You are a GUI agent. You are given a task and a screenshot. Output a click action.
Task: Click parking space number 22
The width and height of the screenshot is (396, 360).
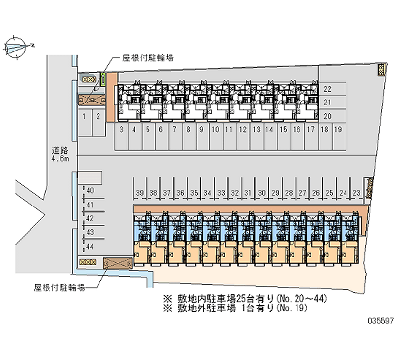327,89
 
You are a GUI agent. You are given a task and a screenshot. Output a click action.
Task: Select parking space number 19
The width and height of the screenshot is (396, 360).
338,130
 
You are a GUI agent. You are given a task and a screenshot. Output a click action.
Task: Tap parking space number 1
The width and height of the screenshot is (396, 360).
85,117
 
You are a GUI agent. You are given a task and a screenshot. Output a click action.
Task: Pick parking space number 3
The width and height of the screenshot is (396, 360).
121,130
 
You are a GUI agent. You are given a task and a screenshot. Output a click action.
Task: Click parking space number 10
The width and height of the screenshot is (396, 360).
215,130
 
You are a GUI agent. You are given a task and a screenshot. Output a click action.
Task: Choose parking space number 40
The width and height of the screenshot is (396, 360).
90,191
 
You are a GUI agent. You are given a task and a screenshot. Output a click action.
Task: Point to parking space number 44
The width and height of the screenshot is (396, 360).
90,246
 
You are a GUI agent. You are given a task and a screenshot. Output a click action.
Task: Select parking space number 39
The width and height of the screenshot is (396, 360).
140,193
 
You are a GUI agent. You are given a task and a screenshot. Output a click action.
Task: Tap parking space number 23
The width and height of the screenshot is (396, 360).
356,193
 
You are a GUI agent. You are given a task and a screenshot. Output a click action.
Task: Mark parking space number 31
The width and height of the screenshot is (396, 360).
248,193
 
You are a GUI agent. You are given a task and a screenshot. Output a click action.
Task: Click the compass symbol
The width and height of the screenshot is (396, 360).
17,47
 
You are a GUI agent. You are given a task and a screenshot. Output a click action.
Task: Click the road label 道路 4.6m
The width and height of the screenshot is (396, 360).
62,154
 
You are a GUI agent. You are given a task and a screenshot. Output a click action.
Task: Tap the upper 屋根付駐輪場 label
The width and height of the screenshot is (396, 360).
148,58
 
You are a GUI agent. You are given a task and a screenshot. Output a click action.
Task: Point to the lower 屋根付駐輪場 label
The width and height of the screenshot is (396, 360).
59,287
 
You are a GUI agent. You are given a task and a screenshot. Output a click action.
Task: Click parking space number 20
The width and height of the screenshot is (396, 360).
327,116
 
